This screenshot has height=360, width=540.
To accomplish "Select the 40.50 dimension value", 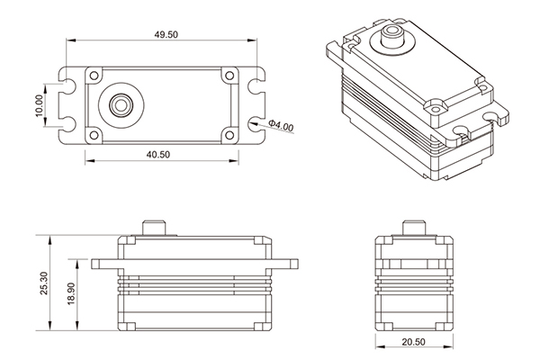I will [160, 154].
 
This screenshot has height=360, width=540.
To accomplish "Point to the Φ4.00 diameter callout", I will [280, 126].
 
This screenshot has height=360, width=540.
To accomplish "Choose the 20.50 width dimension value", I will [414, 341].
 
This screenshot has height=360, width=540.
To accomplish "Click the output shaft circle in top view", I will [117, 104].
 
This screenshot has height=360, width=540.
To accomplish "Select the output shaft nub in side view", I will [414, 226].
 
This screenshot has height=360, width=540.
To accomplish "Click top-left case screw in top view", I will [91, 74].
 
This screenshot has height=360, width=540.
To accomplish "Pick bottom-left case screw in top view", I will [91, 136].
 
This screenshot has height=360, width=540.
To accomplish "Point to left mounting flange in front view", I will [104, 264].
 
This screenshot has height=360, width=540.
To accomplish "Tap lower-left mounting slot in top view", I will [66, 122].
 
